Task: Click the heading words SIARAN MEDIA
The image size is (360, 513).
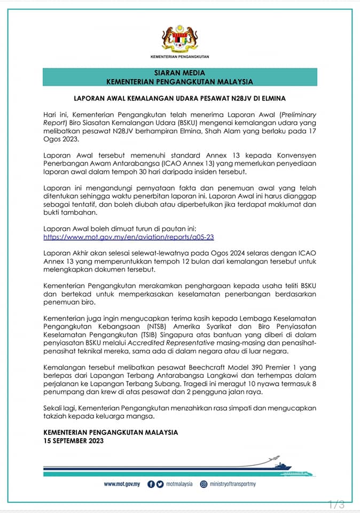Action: coord(179,73)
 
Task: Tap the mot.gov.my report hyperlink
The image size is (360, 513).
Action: coord(129,236)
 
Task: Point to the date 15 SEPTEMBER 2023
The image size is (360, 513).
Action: coord(74,441)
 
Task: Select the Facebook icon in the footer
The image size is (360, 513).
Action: coord(151,484)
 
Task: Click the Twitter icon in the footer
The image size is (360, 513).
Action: coord(160,484)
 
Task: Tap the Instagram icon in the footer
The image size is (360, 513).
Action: coord(204,484)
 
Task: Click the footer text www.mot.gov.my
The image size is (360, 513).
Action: coord(122,484)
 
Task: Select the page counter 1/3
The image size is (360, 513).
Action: coord(336,504)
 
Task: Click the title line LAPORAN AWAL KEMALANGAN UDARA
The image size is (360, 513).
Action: coord(179,98)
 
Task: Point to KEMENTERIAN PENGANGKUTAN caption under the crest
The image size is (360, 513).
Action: coord(179,56)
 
